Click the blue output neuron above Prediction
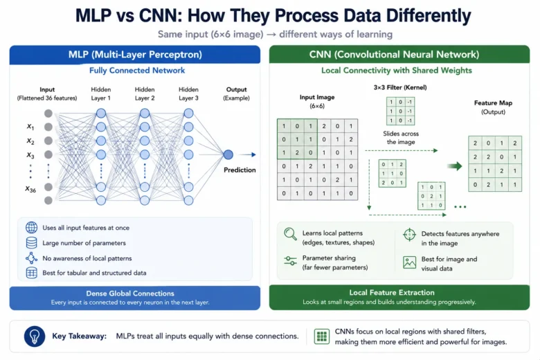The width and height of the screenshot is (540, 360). pyautogui.click(x=228, y=154)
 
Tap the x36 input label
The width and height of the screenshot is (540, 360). pyautogui.click(x=30, y=189)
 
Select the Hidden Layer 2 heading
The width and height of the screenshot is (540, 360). pyautogui.click(x=145, y=93)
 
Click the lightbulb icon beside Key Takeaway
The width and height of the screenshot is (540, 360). pyautogui.click(x=35, y=336)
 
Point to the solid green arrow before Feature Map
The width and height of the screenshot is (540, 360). pyautogui.click(x=455, y=166)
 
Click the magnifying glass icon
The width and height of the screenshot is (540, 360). pyautogui.click(x=290, y=234)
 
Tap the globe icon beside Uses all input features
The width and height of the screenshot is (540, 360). pyautogui.click(x=31, y=228)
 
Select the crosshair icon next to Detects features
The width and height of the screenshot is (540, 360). pyautogui.click(x=409, y=235)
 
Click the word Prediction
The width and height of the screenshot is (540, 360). pyautogui.click(x=240, y=170)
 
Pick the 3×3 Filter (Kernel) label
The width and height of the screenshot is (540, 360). pyautogui.click(x=400, y=87)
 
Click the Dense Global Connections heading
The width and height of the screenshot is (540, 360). pyautogui.click(x=130, y=294)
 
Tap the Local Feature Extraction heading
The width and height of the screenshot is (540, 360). pyautogui.click(x=392, y=293)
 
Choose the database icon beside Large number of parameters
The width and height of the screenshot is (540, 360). pyautogui.click(x=31, y=243)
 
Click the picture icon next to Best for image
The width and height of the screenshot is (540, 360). pyautogui.click(x=409, y=262)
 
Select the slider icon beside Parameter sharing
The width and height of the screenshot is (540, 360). pyautogui.click(x=290, y=261)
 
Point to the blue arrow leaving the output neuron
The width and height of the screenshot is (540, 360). pyautogui.click(x=248, y=154)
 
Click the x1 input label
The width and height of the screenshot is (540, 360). pyautogui.click(x=30, y=127)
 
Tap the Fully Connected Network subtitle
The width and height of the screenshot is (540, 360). pyautogui.click(x=137, y=71)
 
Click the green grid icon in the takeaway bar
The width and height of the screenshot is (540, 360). pyautogui.click(x=322, y=336)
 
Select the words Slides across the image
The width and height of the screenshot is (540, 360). pyautogui.click(x=401, y=138)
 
